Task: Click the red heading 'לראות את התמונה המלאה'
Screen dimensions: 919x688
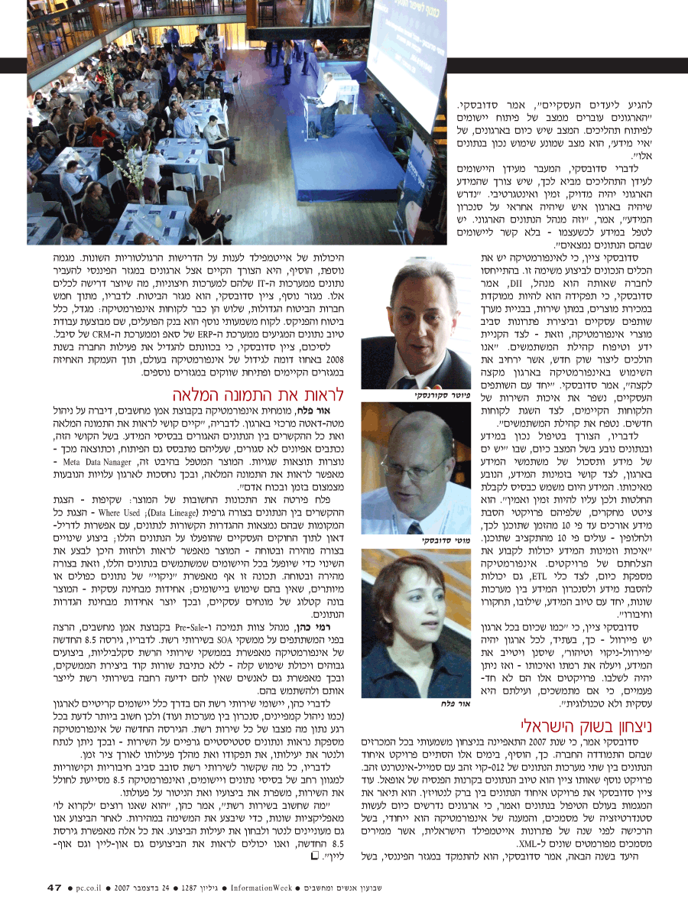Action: [255, 395]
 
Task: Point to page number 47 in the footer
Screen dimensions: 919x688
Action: [54, 888]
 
